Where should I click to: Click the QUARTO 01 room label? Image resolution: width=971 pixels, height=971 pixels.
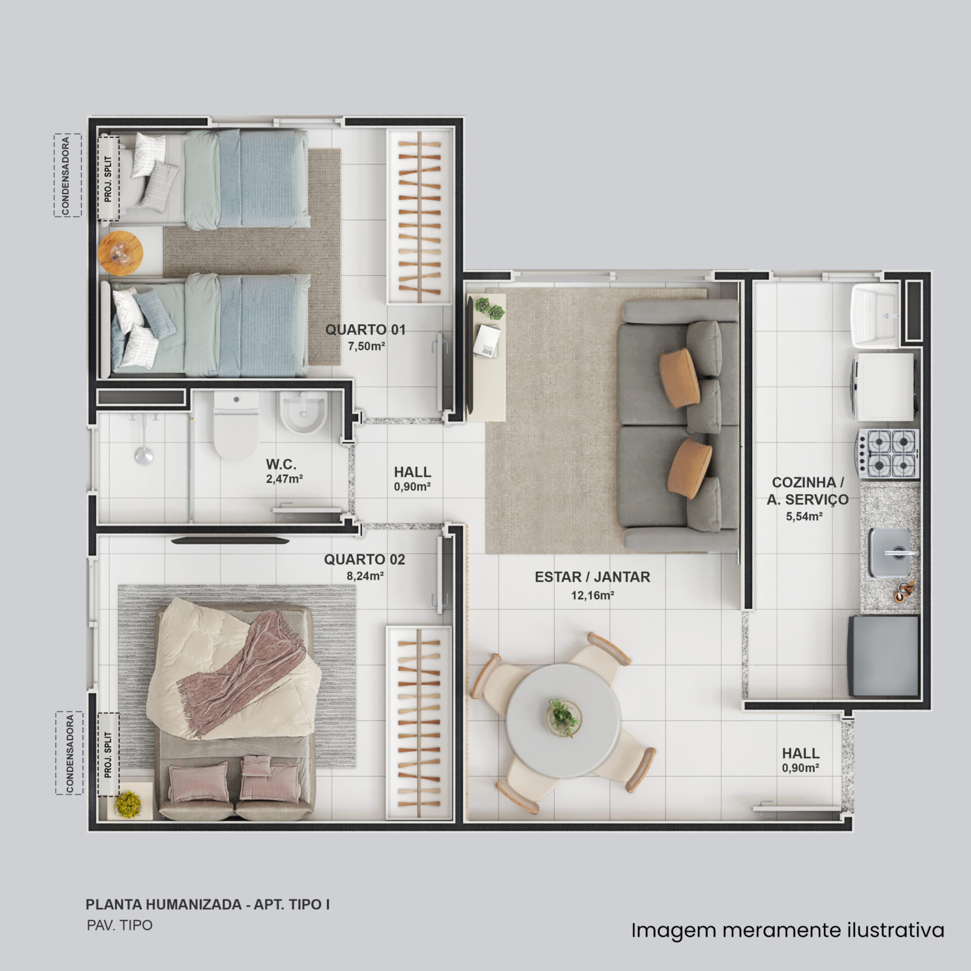[365, 330]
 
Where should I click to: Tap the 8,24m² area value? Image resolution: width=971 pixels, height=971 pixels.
[365, 575]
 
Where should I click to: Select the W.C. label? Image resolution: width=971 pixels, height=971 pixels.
[281, 464]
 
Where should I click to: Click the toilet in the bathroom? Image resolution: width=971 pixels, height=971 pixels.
[237, 426]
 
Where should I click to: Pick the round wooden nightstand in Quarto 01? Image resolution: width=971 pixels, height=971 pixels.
[121, 253]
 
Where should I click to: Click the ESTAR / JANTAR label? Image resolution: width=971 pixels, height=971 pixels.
[592, 577]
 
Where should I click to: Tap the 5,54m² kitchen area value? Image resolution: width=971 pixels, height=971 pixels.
[804, 516]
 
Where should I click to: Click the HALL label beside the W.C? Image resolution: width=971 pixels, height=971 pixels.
[413, 472]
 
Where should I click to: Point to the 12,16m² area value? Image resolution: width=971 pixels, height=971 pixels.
[593, 595]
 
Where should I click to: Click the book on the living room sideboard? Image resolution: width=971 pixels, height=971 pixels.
[488, 341]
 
